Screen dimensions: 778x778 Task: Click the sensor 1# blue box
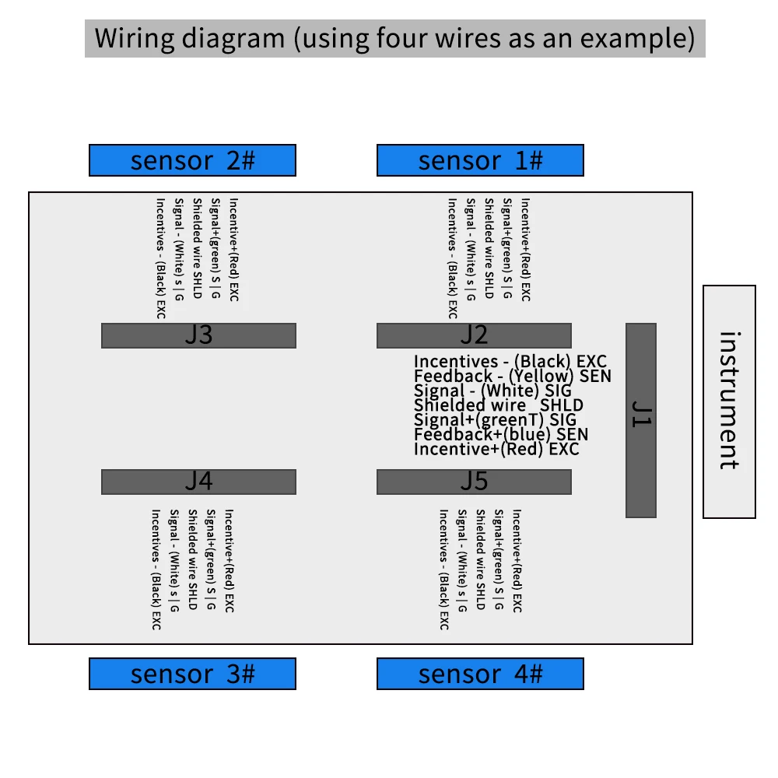(x=480, y=160)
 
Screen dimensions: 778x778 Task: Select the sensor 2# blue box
(x=192, y=160)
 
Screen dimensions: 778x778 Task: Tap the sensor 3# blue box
(x=192, y=674)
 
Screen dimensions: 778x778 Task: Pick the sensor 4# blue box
(x=480, y=674)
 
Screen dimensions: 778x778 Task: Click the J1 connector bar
(x=641, y=420)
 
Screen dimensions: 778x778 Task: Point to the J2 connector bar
(x=474, y=335)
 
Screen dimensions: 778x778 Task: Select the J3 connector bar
(x=198, y=335)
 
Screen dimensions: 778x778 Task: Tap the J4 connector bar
(x=198, y=482)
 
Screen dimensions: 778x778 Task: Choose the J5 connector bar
(x=474, y=482)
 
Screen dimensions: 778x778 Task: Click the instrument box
(x=729, y=401)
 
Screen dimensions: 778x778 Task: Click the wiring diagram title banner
(x=395, y=38)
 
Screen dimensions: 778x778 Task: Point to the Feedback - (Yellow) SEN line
(x=512, y=377)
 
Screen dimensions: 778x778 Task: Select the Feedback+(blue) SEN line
(x=500, y=435)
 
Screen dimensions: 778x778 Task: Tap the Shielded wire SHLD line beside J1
(x=498, y=405)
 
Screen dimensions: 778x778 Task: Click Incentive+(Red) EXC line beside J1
(x=496, y=449)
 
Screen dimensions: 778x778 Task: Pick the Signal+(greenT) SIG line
(x=495, y=420)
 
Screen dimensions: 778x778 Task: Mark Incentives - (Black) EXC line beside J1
(x=510, y=362)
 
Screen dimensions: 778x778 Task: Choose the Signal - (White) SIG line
(x=492, y=391)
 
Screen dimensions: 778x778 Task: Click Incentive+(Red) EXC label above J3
(x=233, y=250)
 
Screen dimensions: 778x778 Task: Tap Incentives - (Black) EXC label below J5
(x=443, y=569)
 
